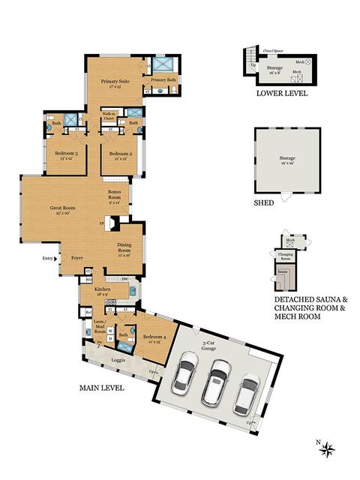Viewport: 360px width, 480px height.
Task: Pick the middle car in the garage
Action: click(x=218, y=379)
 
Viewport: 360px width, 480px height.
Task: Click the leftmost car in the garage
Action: click(x=184, y=375)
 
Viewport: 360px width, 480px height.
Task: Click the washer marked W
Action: click(x=111, y=330)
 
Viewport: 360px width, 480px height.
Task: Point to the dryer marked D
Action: click(x=111, y=338)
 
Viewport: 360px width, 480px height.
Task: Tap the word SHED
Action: click(x=263, y=202)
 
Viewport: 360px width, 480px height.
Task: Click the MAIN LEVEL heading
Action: click(x=103, y=388)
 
